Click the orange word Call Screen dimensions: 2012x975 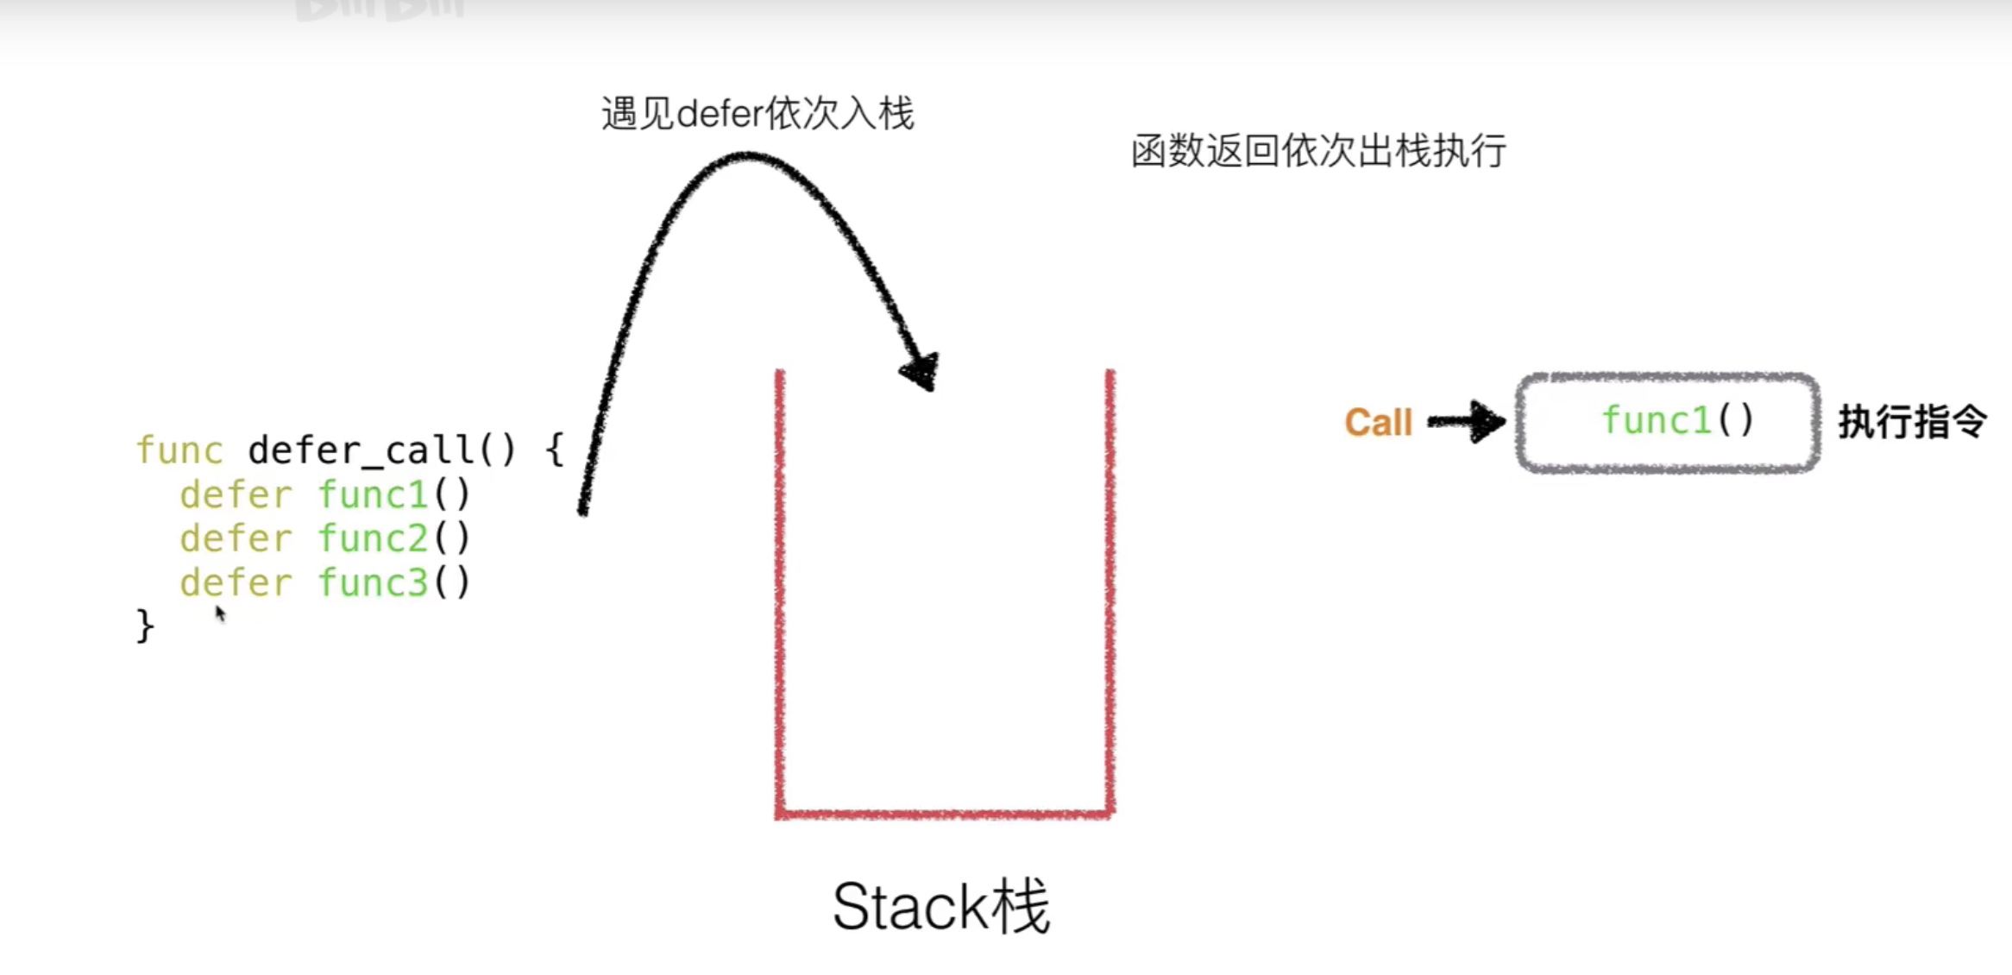click(x=1378, y=423)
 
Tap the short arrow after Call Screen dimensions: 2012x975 click(x=1467, y=422)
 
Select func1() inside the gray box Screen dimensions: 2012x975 click(x=1677, y=421)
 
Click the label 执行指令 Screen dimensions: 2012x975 click(x=1912, y=422)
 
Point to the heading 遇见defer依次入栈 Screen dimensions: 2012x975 click(x=757, y=114)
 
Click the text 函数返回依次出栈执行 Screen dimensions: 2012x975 click(x=1318, y=151)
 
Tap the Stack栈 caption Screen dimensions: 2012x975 click(x=940, y=907)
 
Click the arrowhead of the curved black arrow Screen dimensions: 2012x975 click(x=921, y=371)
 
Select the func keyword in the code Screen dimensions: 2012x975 click(x=179, y=450)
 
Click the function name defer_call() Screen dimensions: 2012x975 click(x=380, y=450)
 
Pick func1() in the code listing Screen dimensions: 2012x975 click(x=393, y=495)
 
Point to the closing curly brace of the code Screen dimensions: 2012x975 click(x=145, y=626)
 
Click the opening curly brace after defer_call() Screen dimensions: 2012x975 click(x=554, y=450)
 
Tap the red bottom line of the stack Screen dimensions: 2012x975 click(x=945, y=814)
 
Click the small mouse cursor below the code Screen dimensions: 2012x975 click(x=220, y=613)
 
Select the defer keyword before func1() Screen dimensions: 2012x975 click(x=236, y=495)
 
